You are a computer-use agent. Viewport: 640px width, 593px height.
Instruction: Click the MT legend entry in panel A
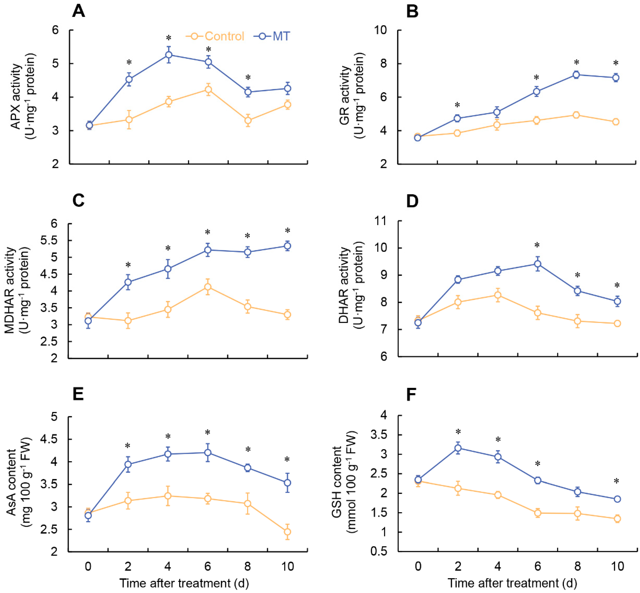point(272,36)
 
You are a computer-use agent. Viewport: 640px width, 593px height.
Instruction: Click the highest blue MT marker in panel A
point(169,55)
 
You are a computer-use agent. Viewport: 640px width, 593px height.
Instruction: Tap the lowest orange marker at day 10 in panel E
point(287,532)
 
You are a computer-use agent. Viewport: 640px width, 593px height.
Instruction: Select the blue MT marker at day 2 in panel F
point(458,448)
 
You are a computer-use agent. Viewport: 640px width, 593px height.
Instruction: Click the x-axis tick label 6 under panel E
point(208,566)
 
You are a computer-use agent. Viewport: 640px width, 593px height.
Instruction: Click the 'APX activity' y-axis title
point(16,96)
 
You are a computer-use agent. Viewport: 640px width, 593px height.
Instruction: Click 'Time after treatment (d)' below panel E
point(184,583)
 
